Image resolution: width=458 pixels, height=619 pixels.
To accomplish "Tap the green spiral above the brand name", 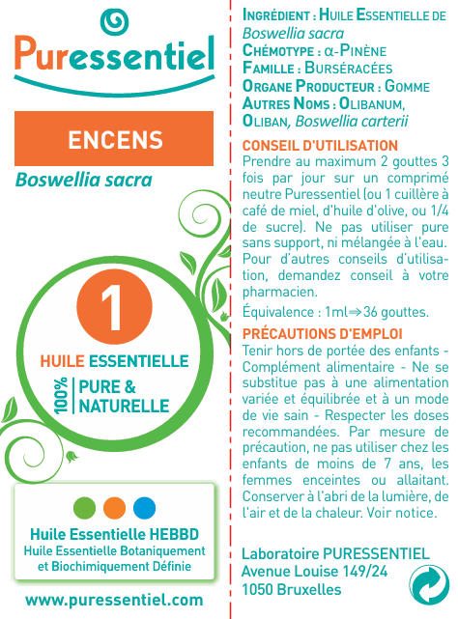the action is [114, 19].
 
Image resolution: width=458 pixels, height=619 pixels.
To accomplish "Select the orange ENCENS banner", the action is [115, 140].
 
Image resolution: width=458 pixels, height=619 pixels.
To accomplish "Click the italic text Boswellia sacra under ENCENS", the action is [83, 181].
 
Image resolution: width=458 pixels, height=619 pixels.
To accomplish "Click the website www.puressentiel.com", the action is [114, 600].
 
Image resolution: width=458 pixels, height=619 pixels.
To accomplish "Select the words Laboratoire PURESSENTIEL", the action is [334, 553].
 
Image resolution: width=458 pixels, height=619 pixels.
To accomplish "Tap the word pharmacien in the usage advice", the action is [279, 292].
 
